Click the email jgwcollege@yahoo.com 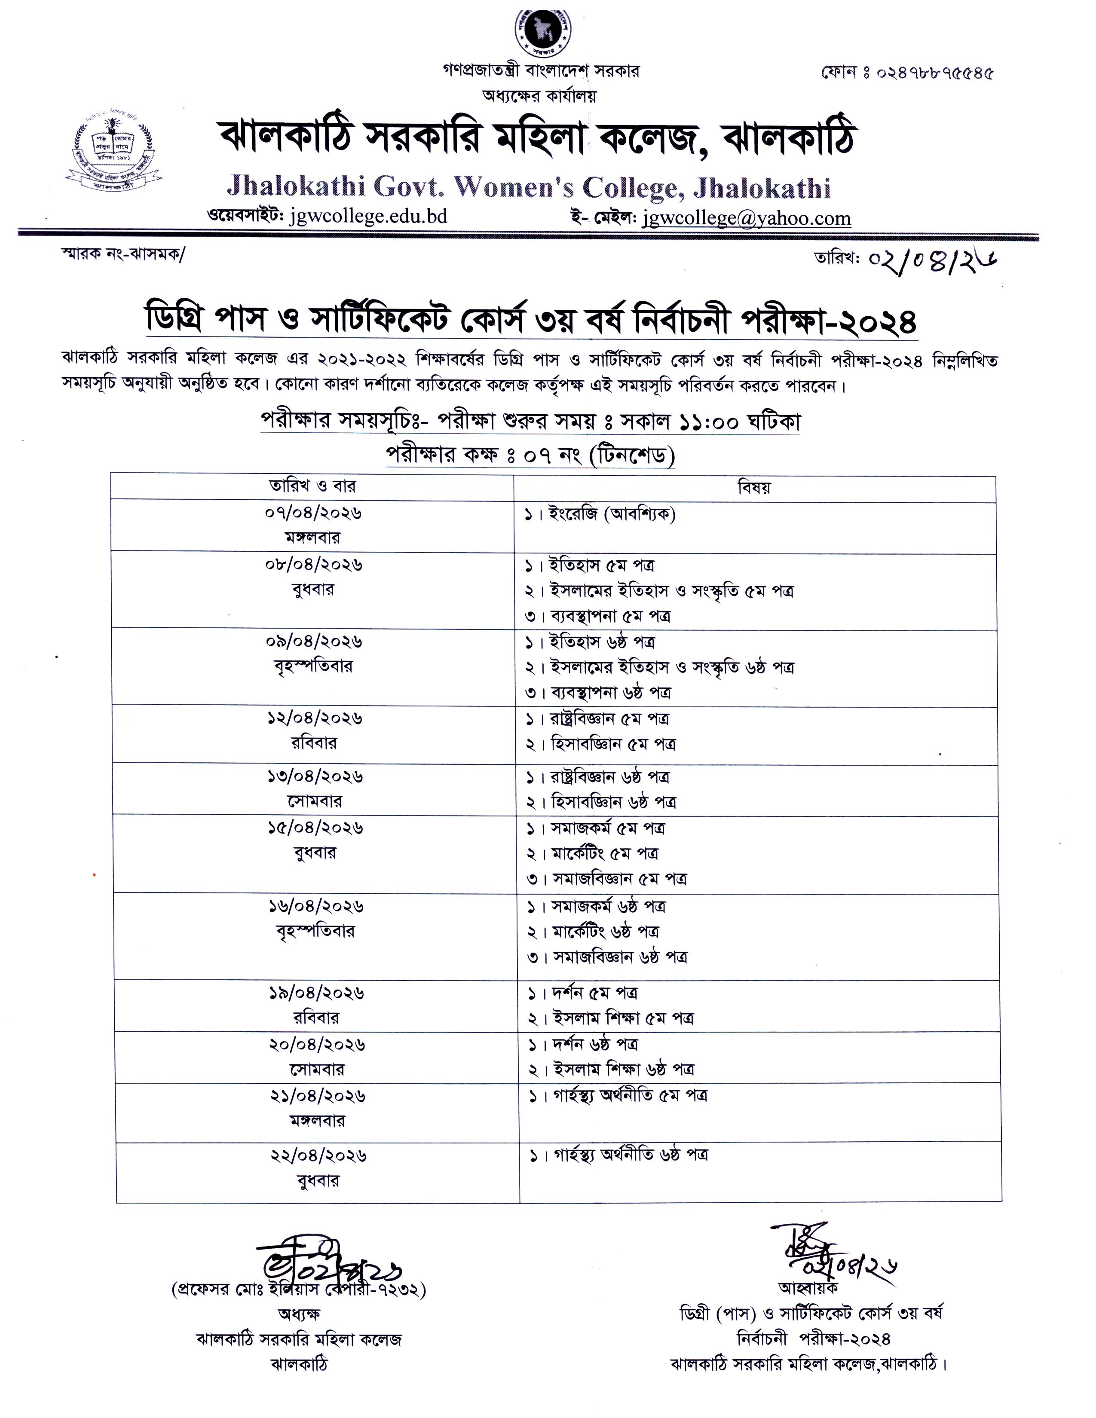pyautogui.click(x=746, y=218)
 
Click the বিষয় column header pyautogui.click(x=754, y=487)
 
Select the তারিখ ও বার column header pyautogui.click(x=312, y=486)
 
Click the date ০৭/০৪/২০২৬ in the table pyautogui.click(x=312, y=513)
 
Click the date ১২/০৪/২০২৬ pyautogui.click(x=314, y=718)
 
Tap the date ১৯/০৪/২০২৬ pyautogui.click(x=315, y=993)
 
